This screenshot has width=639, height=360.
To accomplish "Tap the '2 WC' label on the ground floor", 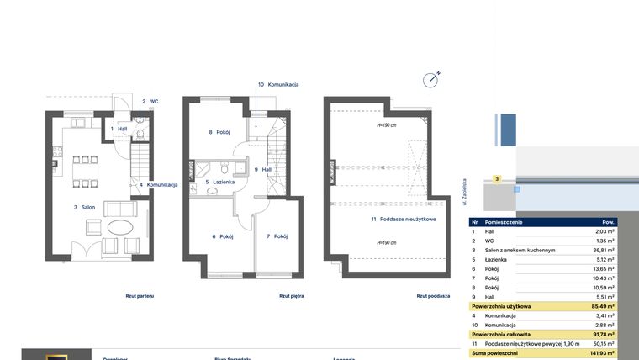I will [x=150, y=101].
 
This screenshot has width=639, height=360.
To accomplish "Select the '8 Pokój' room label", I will [x=219, y=132].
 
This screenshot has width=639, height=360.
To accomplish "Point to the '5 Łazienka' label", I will [x=219, y=182].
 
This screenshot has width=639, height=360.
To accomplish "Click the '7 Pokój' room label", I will [x=277, y=236].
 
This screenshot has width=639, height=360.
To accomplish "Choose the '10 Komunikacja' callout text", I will [x=278, y=85].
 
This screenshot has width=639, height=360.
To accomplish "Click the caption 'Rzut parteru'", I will [x=140, y=296].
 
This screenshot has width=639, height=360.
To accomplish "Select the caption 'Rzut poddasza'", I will [x=433, y=296].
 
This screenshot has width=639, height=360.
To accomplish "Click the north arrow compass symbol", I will [x=431, y=80].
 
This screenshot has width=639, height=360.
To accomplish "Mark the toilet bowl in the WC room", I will [x=140, y=133].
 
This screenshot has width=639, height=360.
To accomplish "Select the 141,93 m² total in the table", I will [x=601, y=353].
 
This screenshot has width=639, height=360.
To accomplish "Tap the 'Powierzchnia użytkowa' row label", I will [x=504, y=305].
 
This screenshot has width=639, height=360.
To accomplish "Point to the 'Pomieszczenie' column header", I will [x=504, y=221].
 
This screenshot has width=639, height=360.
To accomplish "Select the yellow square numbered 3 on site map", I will [x=497, y=179].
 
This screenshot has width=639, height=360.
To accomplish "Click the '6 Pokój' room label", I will [x=221, y=236].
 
